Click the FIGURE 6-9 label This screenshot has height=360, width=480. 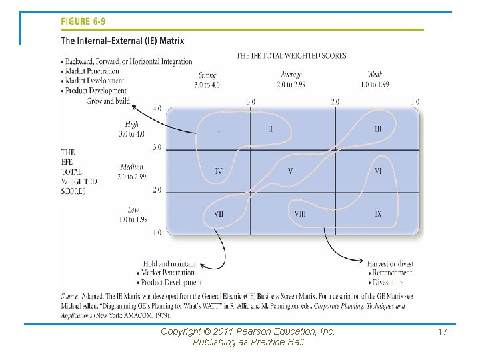point(83,21)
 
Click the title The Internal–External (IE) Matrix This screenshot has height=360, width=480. point(123,41)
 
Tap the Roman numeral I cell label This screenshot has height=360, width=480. point(219,129)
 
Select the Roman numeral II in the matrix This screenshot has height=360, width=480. point(270,129)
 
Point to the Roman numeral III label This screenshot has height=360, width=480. point(378,129)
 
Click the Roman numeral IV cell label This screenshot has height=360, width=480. point(219,171)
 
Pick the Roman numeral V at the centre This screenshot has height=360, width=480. point(290,171)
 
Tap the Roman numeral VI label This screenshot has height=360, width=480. point(378,171)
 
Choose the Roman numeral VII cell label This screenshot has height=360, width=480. point(219,214)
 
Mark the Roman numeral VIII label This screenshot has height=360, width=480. point(300,214)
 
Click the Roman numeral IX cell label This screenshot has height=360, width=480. point(378,214)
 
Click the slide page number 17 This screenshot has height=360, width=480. point(441,331)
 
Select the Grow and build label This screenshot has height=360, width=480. point(108,101)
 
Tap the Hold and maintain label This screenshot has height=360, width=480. point(169,264)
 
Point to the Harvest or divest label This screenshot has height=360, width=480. point(390,264)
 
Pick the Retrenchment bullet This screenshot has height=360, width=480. point(392,273)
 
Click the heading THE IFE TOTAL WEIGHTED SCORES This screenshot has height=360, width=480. point(291,56)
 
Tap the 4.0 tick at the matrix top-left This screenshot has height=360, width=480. point(157,109)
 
